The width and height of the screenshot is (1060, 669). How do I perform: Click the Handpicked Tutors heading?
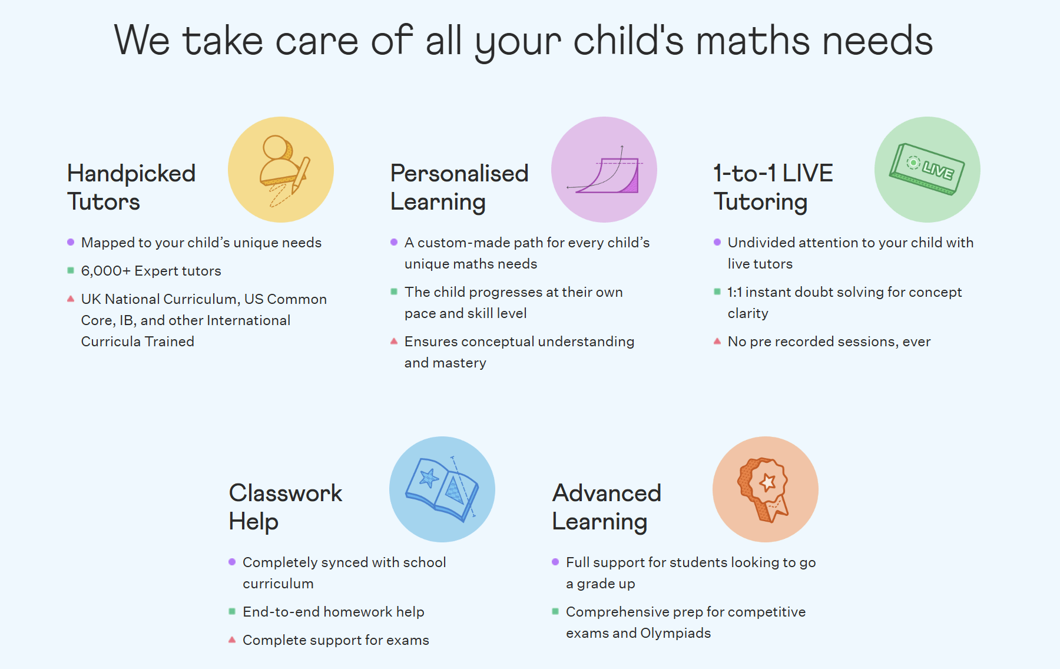click(x=131, y=187)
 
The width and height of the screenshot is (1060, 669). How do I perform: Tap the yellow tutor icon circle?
click(x=281, y=170)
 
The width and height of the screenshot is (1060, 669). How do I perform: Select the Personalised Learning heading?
click(x=459, y=187)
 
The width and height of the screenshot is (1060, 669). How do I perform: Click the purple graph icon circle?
click(x=604, y=170)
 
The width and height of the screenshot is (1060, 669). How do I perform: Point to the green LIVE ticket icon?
click(x=927, y=169)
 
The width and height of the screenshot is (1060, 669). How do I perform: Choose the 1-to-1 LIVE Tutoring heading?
click(x=773, y=187)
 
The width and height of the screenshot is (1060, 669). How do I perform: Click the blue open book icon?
click(x=442, y=489)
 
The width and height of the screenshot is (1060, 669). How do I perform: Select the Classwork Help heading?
click(x=286, y=507)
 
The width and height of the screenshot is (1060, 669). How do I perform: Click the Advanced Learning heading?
click(x=607, y=507)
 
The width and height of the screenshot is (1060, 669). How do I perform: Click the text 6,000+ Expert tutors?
click(x=151, y=271)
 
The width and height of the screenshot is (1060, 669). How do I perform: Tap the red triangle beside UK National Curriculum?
click(x=71, y=299)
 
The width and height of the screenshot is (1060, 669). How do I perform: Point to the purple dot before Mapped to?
click(x=71, y=242)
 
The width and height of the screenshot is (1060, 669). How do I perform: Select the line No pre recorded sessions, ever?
click(x=829, y=342)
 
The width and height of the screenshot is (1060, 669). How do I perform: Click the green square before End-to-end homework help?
click(x=232, y=611)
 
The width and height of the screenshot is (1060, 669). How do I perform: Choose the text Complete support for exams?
click(x=336, y=640)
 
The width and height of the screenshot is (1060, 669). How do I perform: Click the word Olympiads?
click(x=675, y=633)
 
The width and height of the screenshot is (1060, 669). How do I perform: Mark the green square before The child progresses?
click(x=394, y=292)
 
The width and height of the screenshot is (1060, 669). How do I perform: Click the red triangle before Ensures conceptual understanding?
click(x=394, y=341)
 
